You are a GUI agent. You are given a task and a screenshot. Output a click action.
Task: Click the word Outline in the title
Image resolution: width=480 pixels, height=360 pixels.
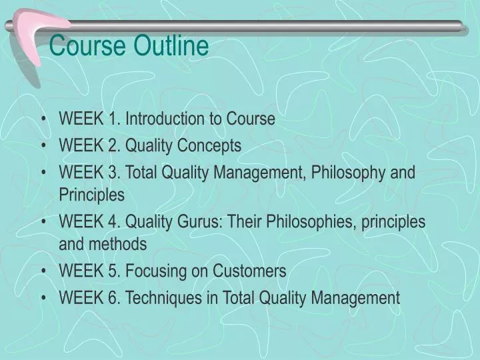click(173, 47)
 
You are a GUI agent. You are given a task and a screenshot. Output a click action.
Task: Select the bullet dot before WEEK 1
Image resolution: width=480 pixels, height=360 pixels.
click(44, 119)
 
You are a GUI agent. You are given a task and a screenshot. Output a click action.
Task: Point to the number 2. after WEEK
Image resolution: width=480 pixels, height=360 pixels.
click(114, 145)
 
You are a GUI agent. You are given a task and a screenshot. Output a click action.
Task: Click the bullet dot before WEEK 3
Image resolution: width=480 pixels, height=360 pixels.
click(44, 173)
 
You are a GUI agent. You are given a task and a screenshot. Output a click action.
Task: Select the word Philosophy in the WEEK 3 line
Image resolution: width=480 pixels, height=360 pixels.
click(349, 173)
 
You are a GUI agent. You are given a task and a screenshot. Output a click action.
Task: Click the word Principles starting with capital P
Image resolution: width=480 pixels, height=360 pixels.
click(91, 195)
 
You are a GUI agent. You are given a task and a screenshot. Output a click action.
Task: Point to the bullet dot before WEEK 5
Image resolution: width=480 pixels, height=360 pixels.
click(44, 271)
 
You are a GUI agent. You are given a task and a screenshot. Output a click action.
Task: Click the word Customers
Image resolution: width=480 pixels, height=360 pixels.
click(249, 271)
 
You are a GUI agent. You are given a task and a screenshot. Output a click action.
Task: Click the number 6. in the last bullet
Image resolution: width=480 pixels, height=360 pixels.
click(114, 297)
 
